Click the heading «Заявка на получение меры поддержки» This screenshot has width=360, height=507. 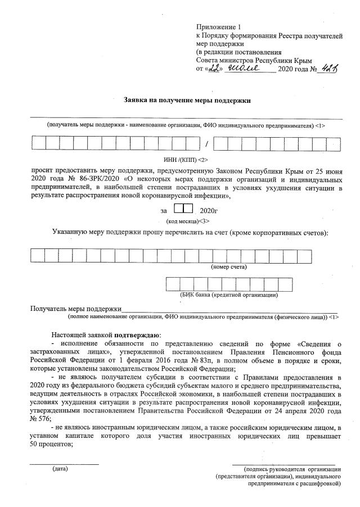point(187,100)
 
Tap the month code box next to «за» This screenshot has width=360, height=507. point(183,210)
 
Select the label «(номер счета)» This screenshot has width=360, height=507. point(229,266)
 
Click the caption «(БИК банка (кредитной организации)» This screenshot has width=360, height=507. point(229,294)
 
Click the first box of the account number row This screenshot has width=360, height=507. point(38,256)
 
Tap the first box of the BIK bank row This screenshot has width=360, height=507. point(173,284)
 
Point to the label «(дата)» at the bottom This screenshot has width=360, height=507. point(60,468)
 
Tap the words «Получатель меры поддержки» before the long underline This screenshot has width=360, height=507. point(76,309)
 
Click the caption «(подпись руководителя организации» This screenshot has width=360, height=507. point(289,468)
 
